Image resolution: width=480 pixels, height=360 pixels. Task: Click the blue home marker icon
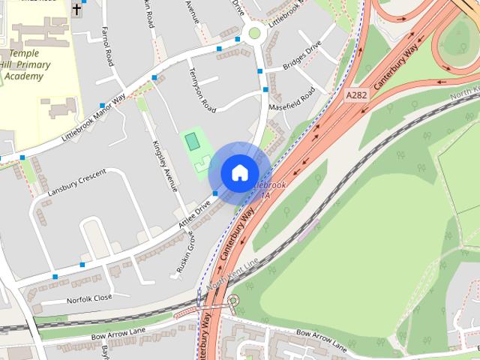238,172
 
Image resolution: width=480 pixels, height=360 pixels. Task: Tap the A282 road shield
356,96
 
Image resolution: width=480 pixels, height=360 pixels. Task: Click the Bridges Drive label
301,58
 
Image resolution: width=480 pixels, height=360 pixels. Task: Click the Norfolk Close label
88,298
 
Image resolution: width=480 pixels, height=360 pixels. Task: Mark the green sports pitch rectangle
192,140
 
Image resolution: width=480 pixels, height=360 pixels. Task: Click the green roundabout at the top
255,32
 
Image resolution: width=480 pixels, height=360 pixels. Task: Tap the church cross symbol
76,10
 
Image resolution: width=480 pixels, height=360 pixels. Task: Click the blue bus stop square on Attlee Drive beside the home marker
216,194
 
